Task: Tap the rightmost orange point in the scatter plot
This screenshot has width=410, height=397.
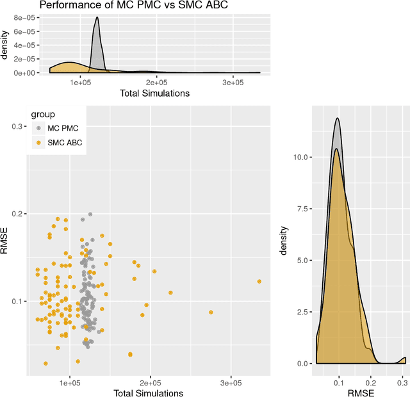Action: [x=259, y=281]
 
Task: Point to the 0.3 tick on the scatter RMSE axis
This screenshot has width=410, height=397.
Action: [x=17, y=127]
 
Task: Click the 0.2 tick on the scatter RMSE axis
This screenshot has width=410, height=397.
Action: [x=17, y=214]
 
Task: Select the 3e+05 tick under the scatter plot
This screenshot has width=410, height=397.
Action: [x=231, y=383]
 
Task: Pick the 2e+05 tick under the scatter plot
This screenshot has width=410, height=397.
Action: [x=151, y=383]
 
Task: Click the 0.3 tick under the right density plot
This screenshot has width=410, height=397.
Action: [x=402, y=382]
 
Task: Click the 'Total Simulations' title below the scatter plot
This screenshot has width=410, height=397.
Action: [x=148, y=393]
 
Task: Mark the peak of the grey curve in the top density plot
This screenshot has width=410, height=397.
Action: [x=96, y=18]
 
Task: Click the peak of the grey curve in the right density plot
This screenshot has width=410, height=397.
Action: [x=337, y=118]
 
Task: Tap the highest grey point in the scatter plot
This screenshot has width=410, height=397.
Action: [x=90, y=215]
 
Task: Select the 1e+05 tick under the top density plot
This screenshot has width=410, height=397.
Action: [x=80, y=83]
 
